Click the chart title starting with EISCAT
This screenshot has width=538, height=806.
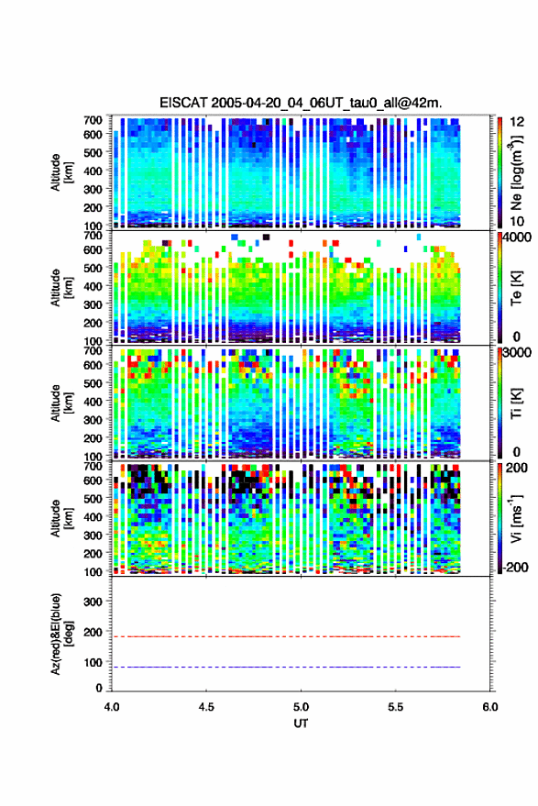(301, 103)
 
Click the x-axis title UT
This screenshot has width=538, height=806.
(301, 723)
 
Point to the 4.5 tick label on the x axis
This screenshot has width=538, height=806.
(206, 707)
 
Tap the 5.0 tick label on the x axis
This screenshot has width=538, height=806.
(301, 707)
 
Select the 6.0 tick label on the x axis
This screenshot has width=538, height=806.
(490, 707)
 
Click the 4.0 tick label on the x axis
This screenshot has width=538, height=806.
(112, 707)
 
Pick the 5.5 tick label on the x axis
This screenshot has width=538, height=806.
(395, 707)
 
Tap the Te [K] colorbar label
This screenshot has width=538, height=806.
(516, 288)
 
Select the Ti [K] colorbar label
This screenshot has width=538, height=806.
(516, 403)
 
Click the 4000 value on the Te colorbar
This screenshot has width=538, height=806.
(518, 238)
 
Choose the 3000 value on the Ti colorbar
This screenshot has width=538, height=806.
(518, 353)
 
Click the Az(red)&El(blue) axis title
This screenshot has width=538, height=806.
(61, 634)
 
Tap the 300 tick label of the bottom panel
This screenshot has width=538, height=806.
(93, 602)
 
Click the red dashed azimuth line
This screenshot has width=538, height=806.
(286, 636)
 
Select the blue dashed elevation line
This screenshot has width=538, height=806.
(286, 667)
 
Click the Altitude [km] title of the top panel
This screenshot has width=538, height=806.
(61, 172)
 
